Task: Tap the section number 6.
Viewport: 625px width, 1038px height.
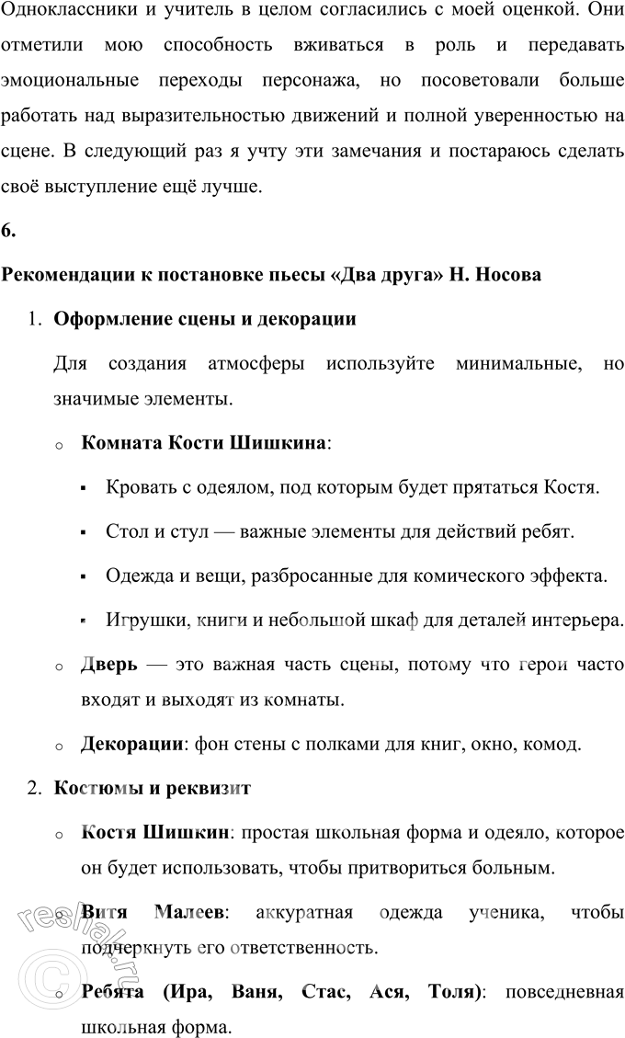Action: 8,231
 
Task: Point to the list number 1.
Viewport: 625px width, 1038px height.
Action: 34,320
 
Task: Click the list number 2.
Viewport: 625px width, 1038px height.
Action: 34,788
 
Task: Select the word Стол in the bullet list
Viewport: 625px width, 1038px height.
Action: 123,532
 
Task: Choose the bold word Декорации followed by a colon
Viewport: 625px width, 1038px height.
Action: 131,744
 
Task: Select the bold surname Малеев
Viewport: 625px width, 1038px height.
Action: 188,912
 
